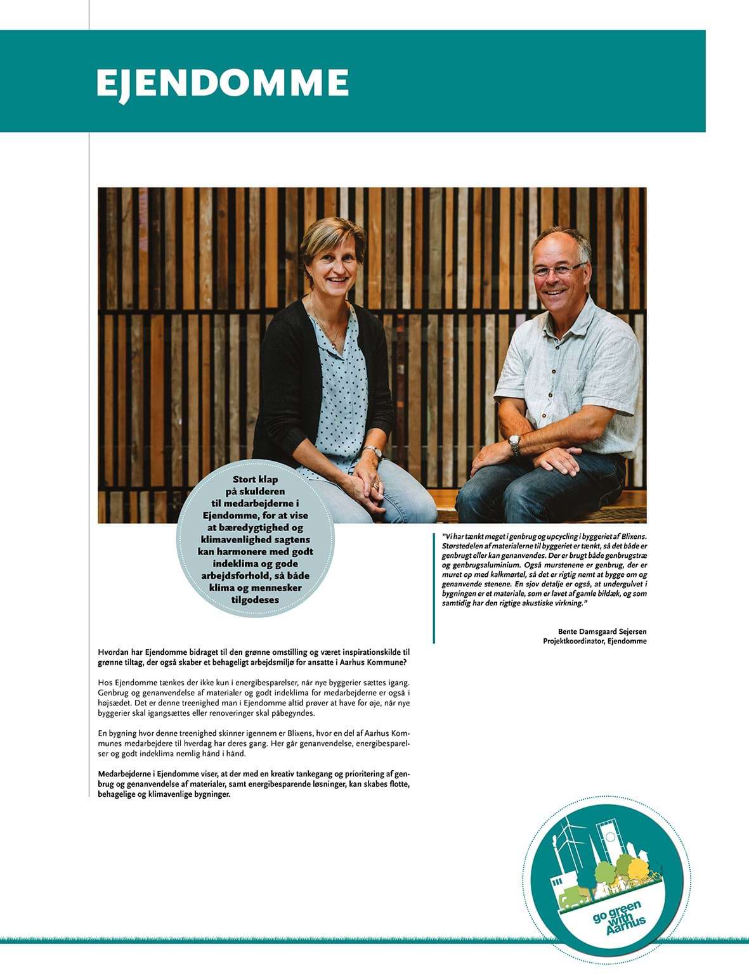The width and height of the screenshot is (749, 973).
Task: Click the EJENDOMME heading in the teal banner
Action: tap(222, 83)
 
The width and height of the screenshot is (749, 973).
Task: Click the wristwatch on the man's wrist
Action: tap(514, 444)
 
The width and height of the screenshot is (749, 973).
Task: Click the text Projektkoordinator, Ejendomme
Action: tap(594, 641)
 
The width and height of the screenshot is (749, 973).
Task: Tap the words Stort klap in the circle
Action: tap(256, 480)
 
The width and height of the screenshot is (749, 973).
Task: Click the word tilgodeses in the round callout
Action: tap(256, 600)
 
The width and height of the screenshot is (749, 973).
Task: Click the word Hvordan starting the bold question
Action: tap(114, 652)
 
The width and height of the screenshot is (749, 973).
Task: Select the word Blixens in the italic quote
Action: tap(631, 536)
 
